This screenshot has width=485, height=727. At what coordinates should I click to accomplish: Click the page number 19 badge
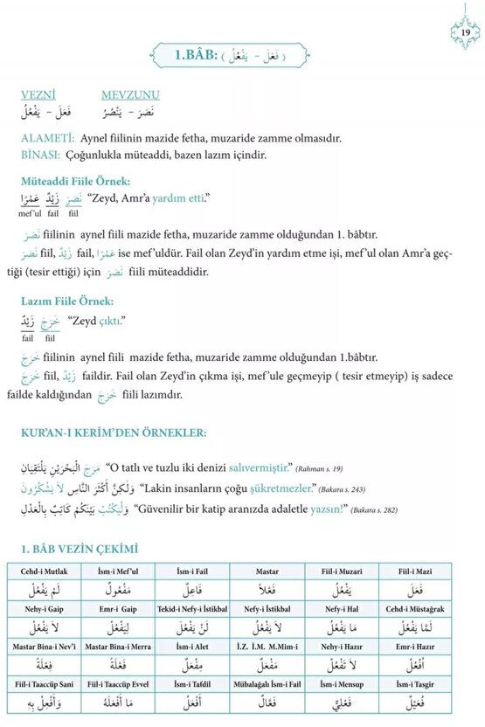(465, 32)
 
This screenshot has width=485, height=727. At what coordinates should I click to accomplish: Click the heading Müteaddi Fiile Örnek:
(75, 181)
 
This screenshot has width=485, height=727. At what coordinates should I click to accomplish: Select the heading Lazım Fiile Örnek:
(67, 301)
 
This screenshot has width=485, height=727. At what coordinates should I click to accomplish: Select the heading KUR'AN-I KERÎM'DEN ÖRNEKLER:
(114, 433)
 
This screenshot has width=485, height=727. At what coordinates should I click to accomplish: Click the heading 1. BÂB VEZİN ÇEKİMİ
(79, 549)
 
